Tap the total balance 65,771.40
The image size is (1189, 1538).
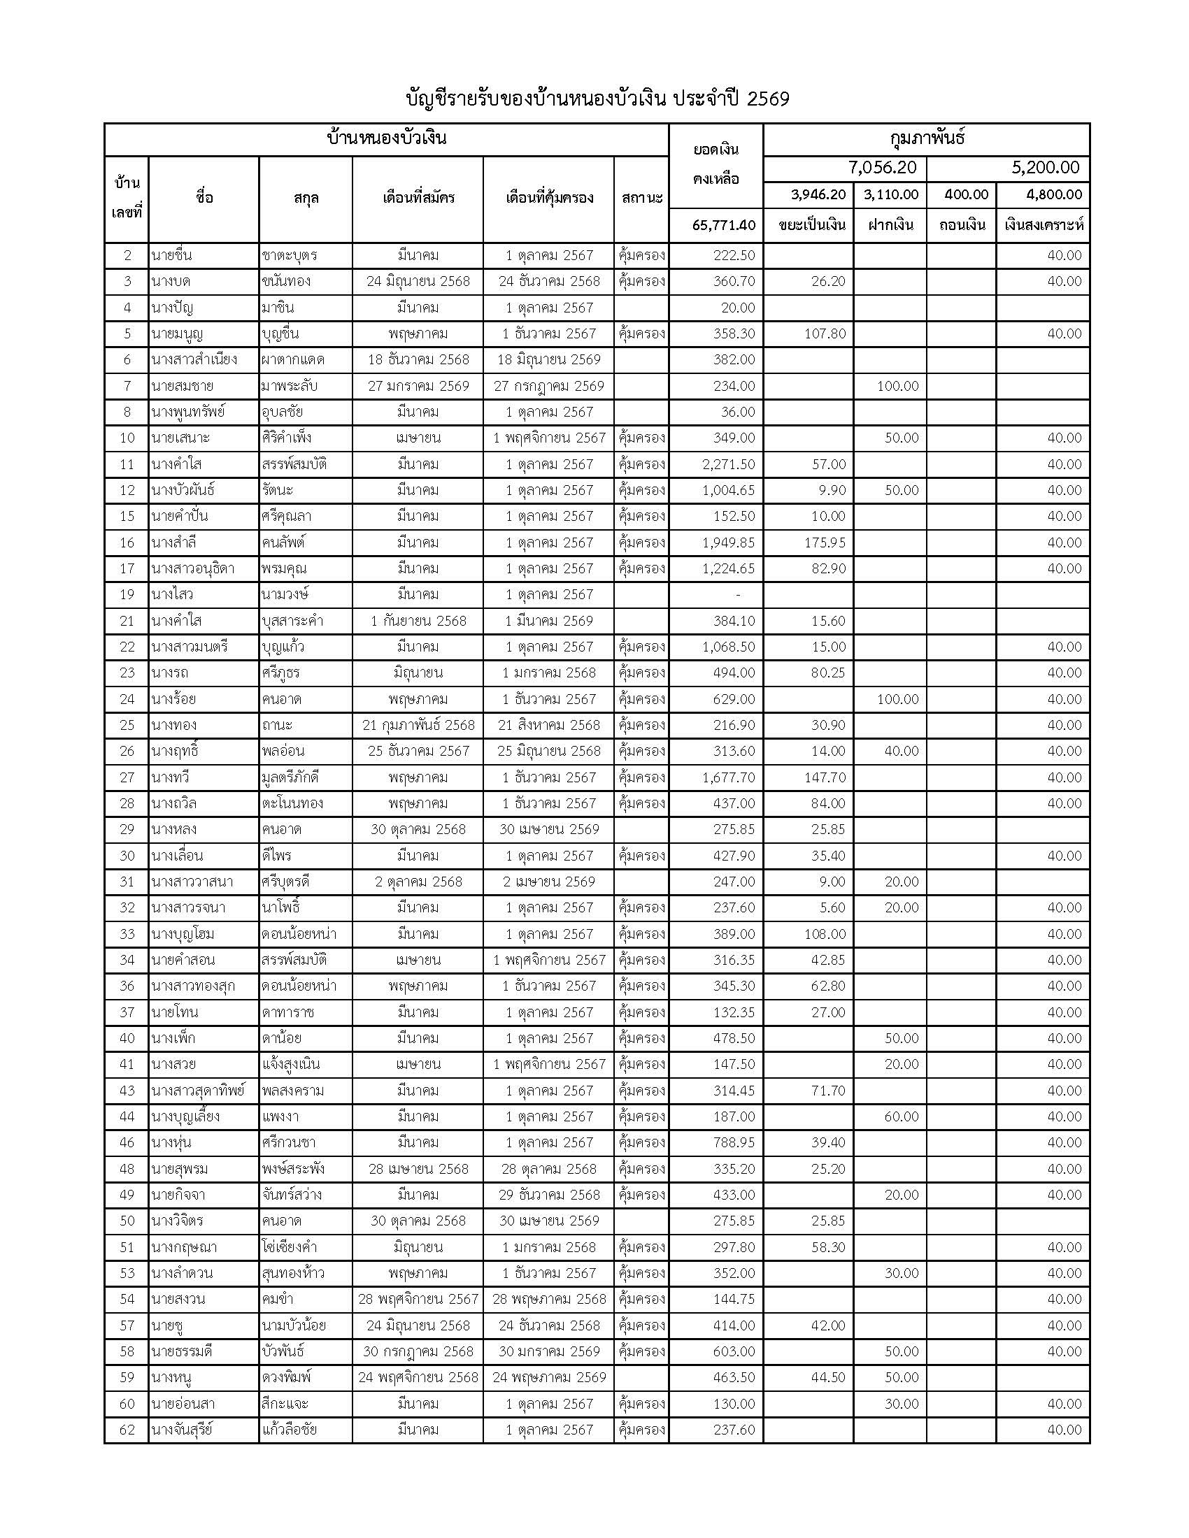pyautogui.click(x=723, y=225)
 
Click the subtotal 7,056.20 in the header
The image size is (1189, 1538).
pyautogui.click(x=882, y=168)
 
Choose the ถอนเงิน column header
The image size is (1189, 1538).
pyautogui.click(x=961, y=225)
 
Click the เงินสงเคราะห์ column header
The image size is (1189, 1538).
pyautogui.click(x=1044, y=225)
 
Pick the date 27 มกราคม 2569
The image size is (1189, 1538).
pyautogui.click(x=418, y=386)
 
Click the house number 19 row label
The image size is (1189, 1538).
pyautogui.click(x=127, y=595)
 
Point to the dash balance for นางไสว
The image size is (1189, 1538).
pyautogui.click(x=737, y=595)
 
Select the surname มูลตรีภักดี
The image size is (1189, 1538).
pyautogui.click(x=292, y=777)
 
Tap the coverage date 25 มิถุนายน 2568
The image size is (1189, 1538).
pyautogui.click(x=549, y=752)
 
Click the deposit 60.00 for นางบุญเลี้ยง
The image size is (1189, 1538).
pyautogui.click(x=902, y=1117)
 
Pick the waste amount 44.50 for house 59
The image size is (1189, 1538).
pyautogui.click(x=827, y=1377)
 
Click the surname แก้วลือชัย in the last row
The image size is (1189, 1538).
pyautogui.click(x=289, y=1430)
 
